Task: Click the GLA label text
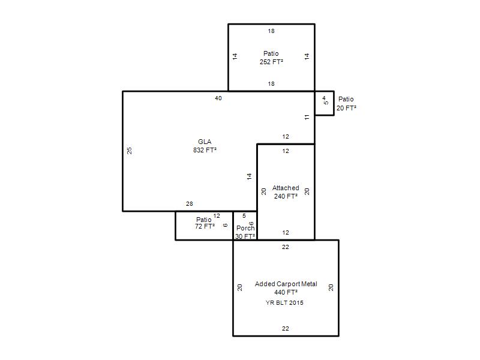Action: (205, 142)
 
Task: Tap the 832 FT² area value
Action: (205, 150)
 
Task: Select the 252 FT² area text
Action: (271, 62)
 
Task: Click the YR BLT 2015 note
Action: (284, 303)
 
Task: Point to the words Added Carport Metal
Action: (286, 284)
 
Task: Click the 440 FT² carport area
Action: (286, 292)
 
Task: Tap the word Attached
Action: (286, 188)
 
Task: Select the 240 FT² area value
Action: (286, 196)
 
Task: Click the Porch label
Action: (245, 228)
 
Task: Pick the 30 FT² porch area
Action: (245, 236)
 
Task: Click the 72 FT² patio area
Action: (205, 226)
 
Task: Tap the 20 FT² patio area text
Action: (346, 108)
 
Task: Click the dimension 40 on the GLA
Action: (218, 98)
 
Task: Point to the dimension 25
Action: (130, 151)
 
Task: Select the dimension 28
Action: (190, 204)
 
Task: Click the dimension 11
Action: (307, 117)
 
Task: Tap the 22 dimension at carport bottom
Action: (286, 329)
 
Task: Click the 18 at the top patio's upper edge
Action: (271, 31)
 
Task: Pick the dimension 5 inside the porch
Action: (244, 216)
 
